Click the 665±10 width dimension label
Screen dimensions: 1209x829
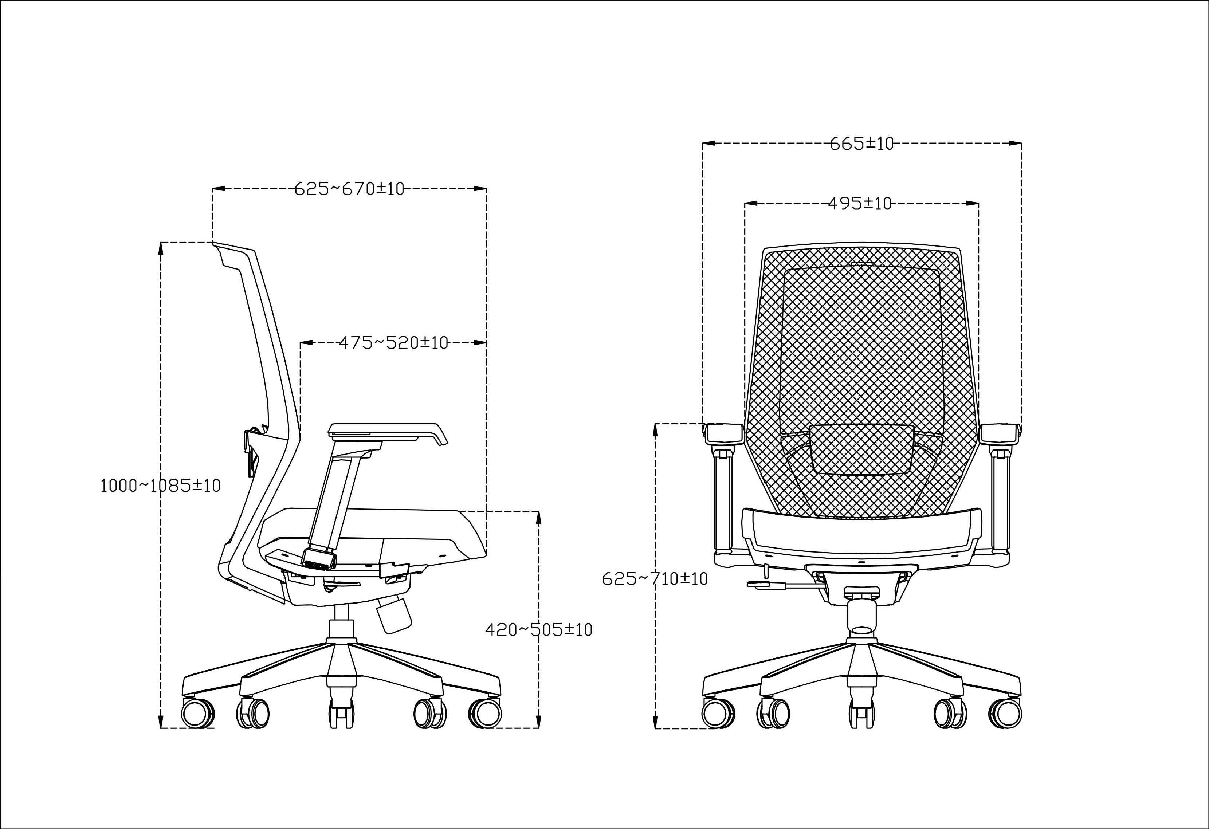[861, 143]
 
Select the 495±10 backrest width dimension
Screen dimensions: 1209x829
[859, 203]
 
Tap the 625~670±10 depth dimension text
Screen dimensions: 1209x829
[349, 189]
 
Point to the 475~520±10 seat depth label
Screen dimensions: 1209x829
[394, 343]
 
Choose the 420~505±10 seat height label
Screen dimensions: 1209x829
[539, 630]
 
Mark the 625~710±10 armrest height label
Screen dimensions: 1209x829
[655, 579]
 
